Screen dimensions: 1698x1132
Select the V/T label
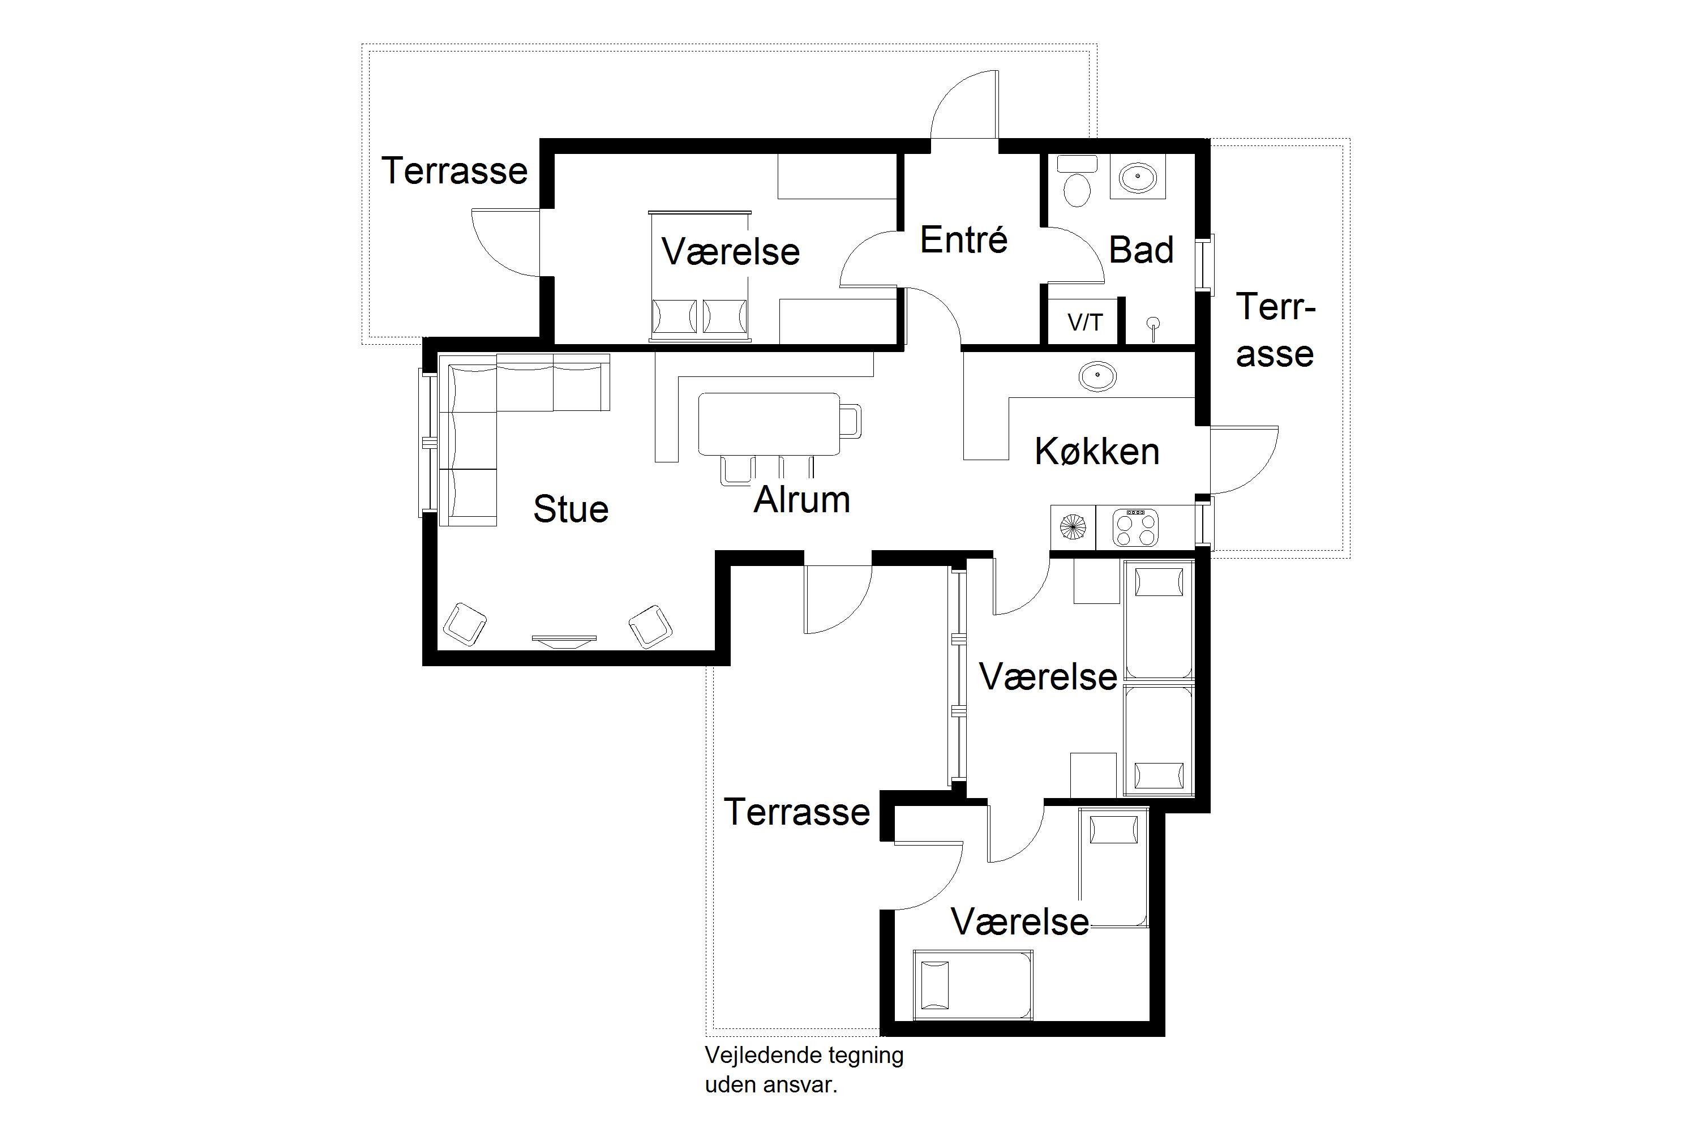[1085, 322]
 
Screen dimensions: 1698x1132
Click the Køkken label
[1097, 451]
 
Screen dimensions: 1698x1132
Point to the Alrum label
[801, 500]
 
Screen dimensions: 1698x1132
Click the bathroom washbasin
[1138, 175]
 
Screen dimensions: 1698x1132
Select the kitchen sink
[1097, 376]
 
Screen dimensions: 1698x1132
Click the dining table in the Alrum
[769, 424]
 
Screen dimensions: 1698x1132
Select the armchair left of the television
[464, 624]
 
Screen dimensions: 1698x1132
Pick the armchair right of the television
[650, 626]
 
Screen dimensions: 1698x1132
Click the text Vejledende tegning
[804, 1056]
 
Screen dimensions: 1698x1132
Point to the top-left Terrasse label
[454, 170]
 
